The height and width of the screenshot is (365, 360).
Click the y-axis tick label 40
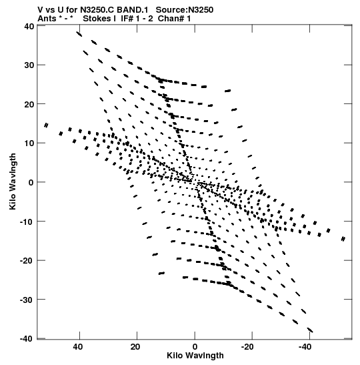click(x=29, y=26)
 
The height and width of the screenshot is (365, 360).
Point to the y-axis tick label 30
click(x=29, y=65)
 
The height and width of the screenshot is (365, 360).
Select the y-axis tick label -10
click(x=27, y=222)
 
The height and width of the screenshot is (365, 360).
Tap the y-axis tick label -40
click(x=27, y=339)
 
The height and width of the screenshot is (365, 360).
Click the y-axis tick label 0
click(x=31, y=183)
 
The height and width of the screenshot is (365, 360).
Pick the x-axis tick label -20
click(x=247, y=347)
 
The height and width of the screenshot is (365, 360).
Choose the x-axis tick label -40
click(x=305, y=347)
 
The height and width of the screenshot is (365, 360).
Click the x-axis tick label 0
click(x=195, y=347)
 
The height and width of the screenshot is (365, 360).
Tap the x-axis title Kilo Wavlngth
click(x=195, y=356)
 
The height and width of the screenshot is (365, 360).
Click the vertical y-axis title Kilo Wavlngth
click(x=13, y=181)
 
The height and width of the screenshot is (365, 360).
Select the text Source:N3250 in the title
click(x=185, y=10)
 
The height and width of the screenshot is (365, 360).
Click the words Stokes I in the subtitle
click(x=99, y=19)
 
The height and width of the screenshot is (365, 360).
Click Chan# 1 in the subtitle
click(x=174, y=19)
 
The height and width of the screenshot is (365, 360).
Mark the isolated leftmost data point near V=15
click(x=46, y=125)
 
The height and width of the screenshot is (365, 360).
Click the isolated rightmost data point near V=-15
click(x=343, y=239)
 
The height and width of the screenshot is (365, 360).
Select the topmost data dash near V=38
click(x=79, y=34)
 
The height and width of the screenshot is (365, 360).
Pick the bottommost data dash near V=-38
click(x=310, y=330)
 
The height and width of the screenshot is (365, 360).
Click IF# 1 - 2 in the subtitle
click(x=137, y=19)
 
